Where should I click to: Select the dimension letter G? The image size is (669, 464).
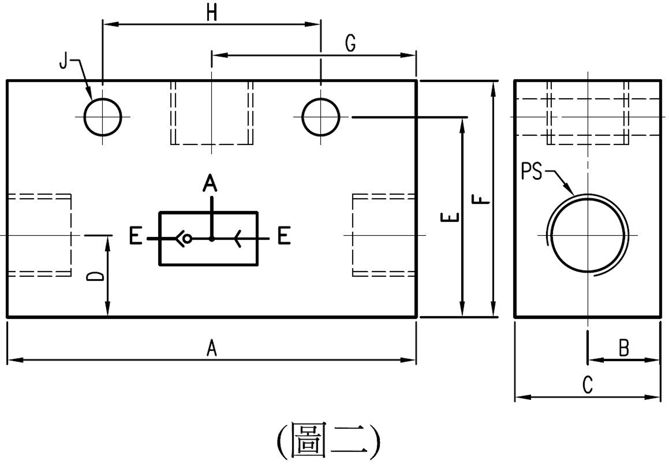351,44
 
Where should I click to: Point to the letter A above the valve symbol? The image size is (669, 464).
210,183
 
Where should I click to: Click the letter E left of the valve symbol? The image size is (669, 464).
136,236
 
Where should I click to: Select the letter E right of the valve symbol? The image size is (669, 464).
284,236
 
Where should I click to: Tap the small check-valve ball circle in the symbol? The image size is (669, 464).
187,239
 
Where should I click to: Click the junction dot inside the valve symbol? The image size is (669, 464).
212,239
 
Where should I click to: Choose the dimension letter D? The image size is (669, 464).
95,277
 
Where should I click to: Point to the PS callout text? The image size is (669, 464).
531,171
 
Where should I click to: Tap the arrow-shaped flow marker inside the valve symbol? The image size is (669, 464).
238,239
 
